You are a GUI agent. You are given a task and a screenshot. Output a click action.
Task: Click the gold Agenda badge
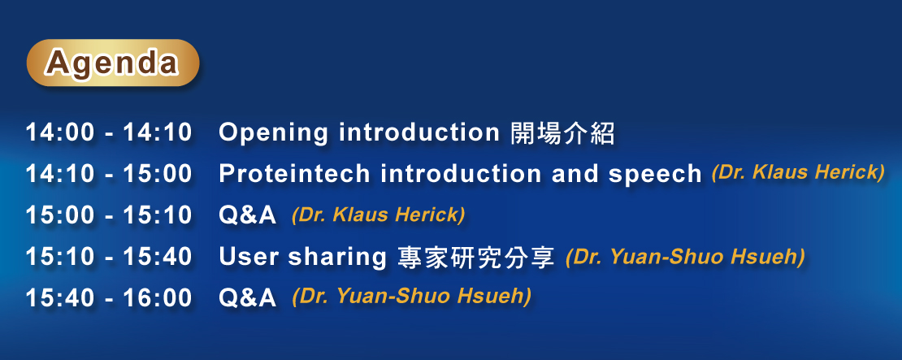113,63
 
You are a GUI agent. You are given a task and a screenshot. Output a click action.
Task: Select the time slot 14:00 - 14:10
108,132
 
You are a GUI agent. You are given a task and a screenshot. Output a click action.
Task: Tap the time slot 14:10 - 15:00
108,174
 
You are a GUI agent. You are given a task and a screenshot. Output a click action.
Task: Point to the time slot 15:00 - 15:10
108,215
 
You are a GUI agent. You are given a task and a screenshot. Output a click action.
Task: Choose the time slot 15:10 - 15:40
108,257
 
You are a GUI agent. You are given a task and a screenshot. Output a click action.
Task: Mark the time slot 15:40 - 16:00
108,298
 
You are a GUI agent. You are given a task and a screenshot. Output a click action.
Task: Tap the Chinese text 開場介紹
562,133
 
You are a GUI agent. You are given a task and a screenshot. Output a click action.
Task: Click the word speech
656,176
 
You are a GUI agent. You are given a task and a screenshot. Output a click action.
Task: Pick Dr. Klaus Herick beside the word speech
798,172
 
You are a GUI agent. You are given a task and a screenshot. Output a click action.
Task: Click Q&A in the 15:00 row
247,216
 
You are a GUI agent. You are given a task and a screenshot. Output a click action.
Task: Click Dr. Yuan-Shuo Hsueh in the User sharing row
685,257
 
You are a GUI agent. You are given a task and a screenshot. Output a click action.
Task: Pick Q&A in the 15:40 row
247,298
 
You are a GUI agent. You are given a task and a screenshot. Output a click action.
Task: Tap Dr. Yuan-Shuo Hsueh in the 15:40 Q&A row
411,297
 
